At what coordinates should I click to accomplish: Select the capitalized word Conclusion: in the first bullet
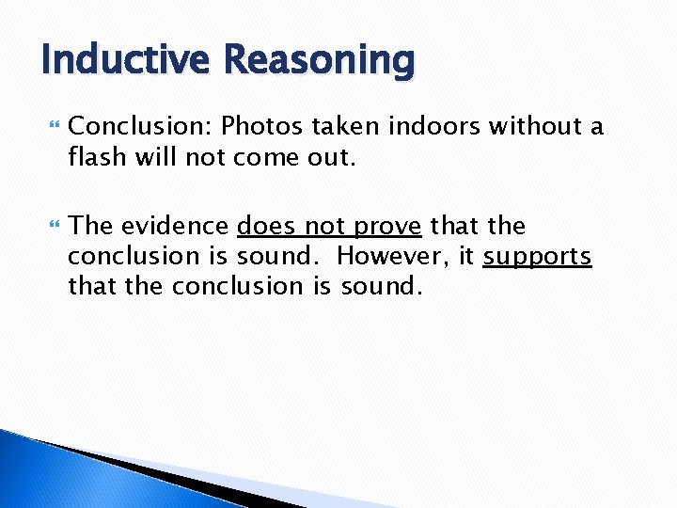[x=142, y=126]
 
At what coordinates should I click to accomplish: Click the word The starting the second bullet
[x=92, y=226]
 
